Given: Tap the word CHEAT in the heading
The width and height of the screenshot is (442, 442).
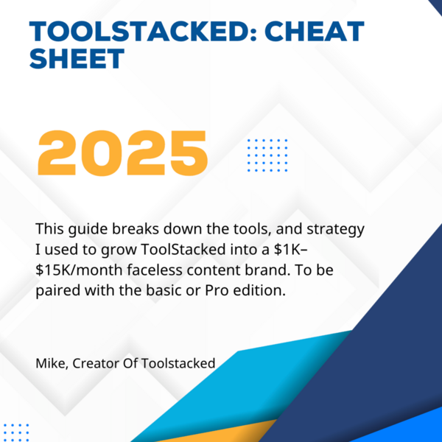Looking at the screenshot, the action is tap(315, 32).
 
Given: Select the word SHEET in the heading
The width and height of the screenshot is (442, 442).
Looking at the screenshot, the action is tap(77, 59).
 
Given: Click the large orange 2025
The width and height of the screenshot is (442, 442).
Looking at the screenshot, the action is tap(123, 153).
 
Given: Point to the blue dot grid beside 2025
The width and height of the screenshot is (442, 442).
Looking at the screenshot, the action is tap(267, 155).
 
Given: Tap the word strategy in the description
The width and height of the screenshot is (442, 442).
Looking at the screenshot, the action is tap(335, 229).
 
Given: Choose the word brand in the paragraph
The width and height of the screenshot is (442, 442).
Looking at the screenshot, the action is tap(267, 270).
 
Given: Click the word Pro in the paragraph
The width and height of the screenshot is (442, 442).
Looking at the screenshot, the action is tap(217, 290).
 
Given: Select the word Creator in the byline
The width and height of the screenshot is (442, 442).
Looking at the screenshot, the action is tap(96, 363).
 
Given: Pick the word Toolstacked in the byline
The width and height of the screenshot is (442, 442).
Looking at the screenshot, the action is tap(178, 363).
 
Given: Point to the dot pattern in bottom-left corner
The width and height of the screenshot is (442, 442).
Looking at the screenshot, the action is tap(16, 432).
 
